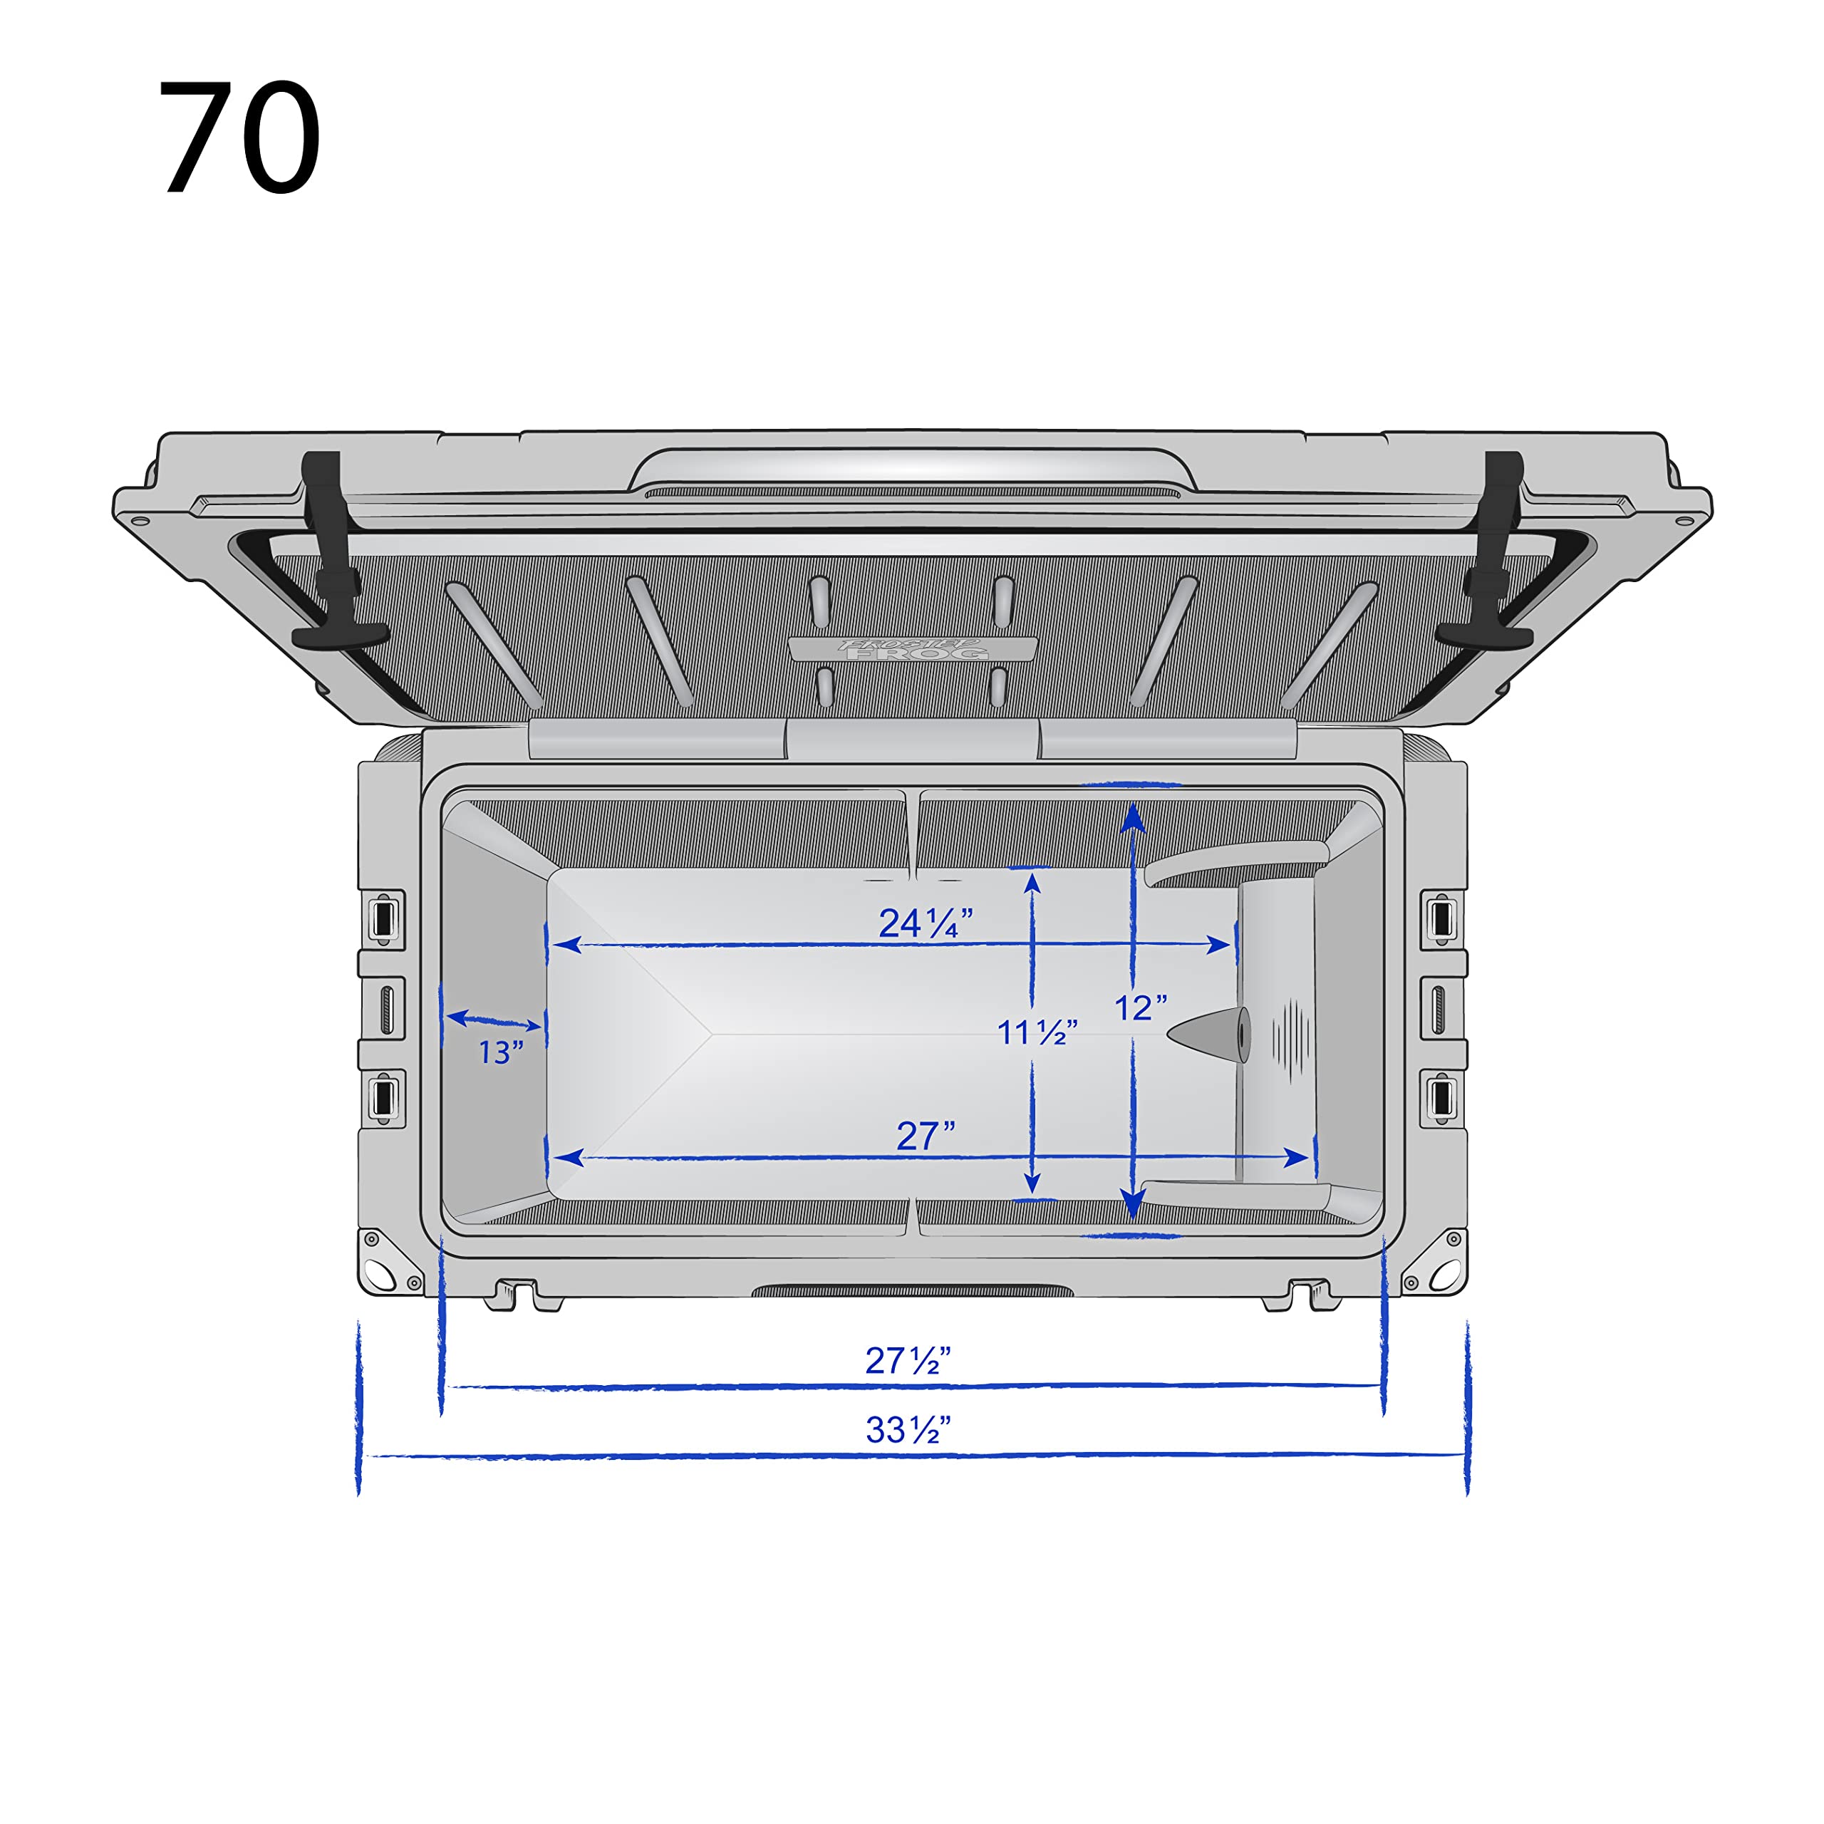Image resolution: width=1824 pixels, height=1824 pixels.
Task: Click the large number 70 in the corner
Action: tap(240, 137)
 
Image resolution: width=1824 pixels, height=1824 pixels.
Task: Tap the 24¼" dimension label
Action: tap(926, 923)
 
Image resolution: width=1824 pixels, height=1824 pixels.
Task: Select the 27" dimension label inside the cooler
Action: tap(926, 1136)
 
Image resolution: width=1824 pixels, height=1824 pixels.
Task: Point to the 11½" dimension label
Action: tap(1037, 1032)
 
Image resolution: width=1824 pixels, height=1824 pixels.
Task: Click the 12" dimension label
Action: tap(1141, 1007)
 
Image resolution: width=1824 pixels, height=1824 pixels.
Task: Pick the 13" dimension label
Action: tap(500, 1052)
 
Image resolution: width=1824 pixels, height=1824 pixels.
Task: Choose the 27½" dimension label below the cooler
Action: tap(907, 1360)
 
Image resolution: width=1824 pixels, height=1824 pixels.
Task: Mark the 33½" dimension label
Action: tap(907, 1429)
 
